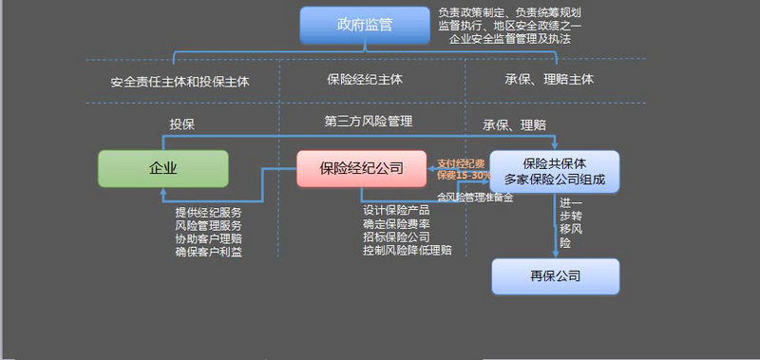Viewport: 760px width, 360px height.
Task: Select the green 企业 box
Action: click(x=163, y=168)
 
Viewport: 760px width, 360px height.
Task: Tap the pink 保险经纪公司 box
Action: click(x=361, y=168)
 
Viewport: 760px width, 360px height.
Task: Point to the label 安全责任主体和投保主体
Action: click(x=180, y=82)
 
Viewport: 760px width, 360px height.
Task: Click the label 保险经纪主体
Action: click(x=365, y=81)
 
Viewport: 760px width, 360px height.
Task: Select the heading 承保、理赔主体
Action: click(x=549, y=81)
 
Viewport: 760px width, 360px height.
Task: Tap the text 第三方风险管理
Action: click(x=368, y=121)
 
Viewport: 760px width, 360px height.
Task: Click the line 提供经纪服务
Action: click(x=208, y=211)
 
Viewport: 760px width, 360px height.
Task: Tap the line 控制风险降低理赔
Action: click(x=407, y=250)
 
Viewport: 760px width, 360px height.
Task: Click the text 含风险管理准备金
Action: click(x=475, y=198)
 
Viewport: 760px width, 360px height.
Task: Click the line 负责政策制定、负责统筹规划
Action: click(x=509, y=12)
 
